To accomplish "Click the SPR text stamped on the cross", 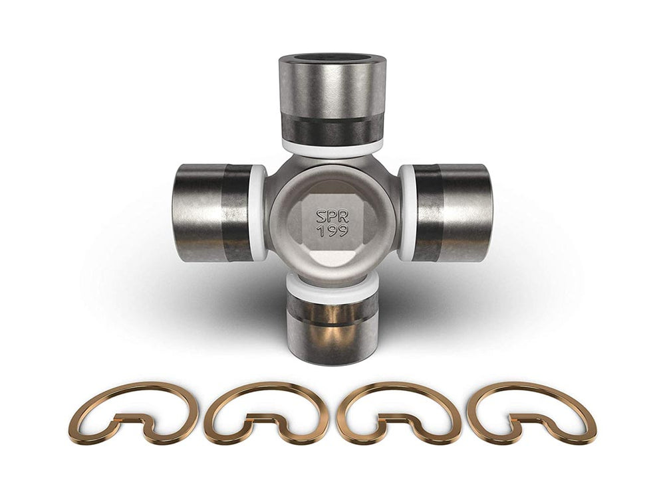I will click(x=332, y=216).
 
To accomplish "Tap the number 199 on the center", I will click(x=332, y=233).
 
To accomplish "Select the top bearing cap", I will click(x=332, y=93).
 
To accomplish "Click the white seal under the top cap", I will click(x=332, y=148).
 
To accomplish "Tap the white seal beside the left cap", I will click(x=259, y=212).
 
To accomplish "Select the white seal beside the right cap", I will click(x=406, y=212).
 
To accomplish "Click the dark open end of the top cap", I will click(x=332, y=58).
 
